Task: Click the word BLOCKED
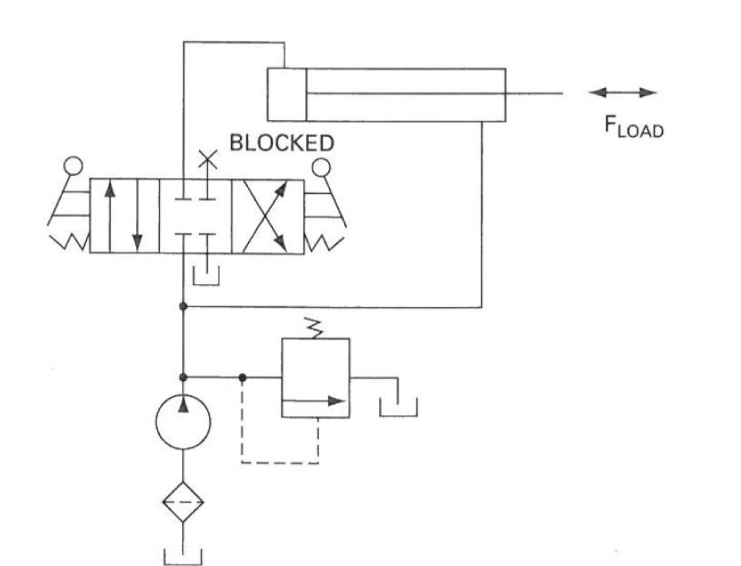[281, 143]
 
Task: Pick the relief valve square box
[315, 378]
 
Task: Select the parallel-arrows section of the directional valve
[123, 216]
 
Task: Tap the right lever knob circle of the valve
[322, 167]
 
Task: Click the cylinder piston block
[287, 94]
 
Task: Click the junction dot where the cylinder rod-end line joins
[183, 307]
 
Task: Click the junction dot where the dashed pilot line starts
[242, 377]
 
